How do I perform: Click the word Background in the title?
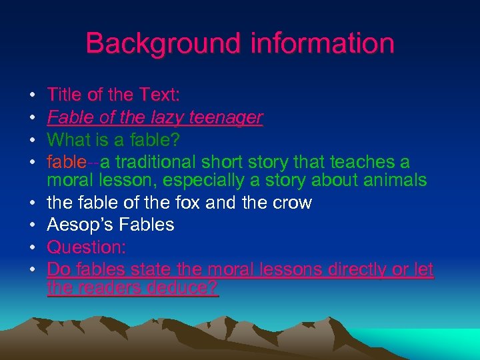163,43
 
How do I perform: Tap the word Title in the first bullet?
65,95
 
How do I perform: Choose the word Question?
86,247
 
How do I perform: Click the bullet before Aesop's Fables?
33,225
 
